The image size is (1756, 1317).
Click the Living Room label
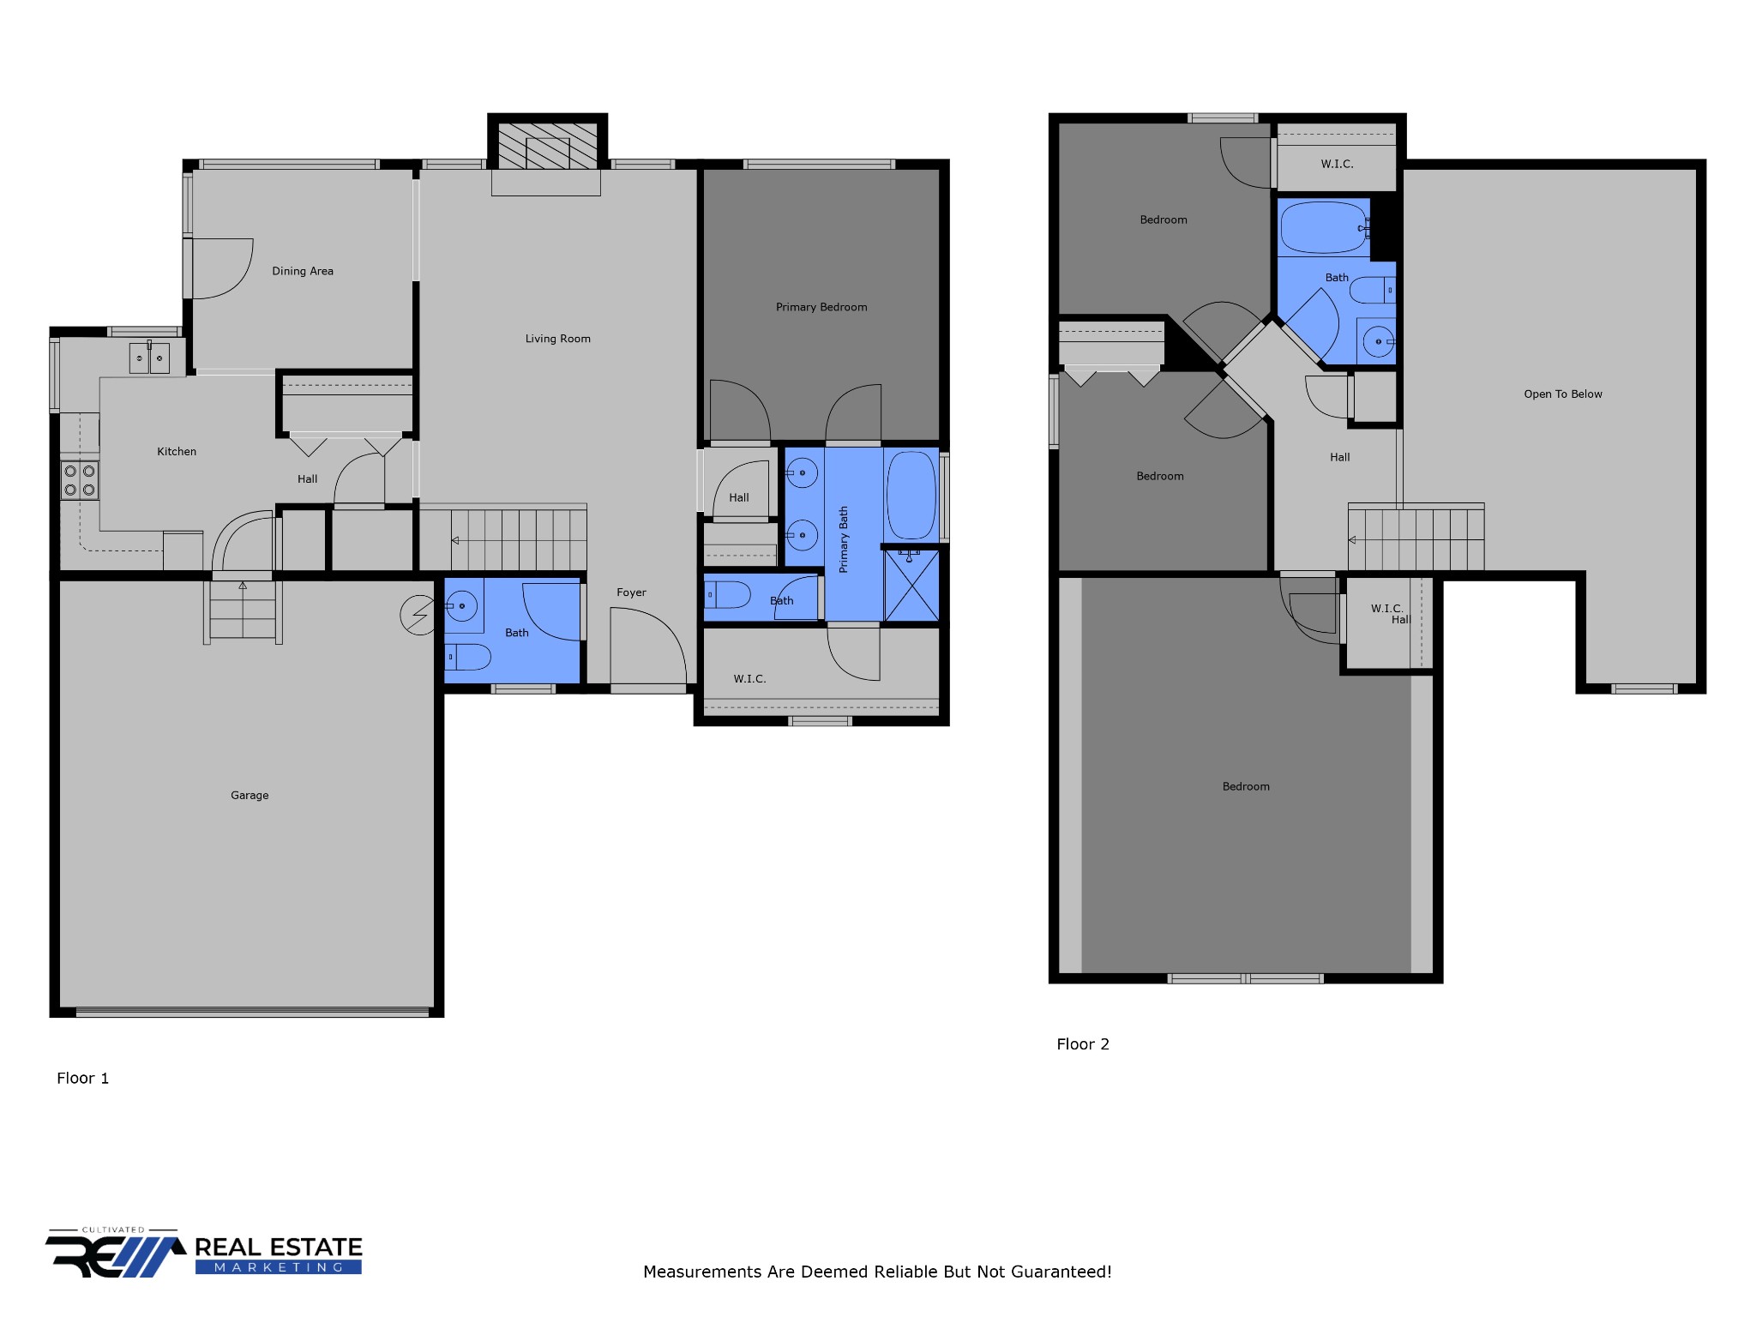[557, 339]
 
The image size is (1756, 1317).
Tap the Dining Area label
[303, 271]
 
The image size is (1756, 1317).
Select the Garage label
[250, 796]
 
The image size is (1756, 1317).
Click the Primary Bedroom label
[821, 307]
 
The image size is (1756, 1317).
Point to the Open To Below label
[1563, 394]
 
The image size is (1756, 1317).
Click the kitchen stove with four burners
[80, 480]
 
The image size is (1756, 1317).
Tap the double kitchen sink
[149, 358]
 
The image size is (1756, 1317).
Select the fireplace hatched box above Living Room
[548, 146]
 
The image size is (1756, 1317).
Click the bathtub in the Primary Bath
[911, 496]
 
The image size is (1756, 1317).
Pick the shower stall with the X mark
[911, 586]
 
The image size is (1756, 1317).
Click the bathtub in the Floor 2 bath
[1323, 227]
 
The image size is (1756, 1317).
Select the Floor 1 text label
[83, 1079]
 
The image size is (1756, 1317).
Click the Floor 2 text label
[1083, 1044]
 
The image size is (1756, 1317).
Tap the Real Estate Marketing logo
[204, 1254]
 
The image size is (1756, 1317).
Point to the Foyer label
[631, 592]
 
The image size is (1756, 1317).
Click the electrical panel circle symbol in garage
[418, 616]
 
